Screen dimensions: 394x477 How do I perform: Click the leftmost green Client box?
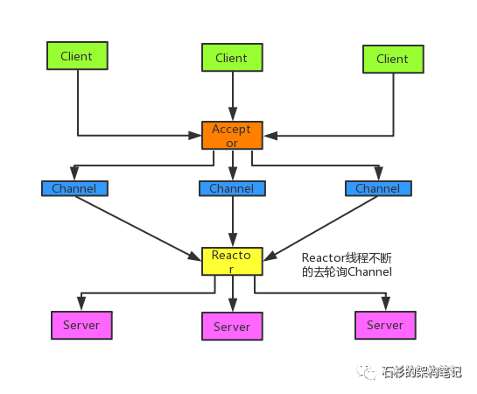click(x=77, y=57)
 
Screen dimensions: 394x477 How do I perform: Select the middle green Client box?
click(x=231, y=59)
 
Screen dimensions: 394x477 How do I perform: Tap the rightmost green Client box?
click(x=392, y=60)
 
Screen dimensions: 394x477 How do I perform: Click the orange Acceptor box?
click(x=232, y=136)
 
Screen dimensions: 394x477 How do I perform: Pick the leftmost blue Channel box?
click(x=74, y=188)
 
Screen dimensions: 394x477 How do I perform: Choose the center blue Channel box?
click(x=232, y=188)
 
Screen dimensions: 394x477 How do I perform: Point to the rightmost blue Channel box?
click(x=378, y=188)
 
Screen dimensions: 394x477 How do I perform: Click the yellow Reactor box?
click(x=232, y=262)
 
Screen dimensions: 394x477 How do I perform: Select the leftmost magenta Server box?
click(x=81, y=325)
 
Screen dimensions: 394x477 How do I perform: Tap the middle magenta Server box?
click(x=232, y=327)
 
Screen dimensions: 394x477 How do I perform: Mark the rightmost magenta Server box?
click(x=385, y=325)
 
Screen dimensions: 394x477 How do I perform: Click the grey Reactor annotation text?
click(x=347, y=265)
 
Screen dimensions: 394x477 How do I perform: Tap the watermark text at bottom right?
click(x=421, y=371)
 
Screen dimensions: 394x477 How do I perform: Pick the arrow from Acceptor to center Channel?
click(x=232, y=166)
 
